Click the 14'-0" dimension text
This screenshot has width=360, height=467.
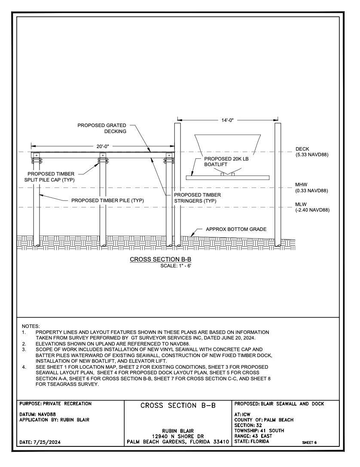(227, 120)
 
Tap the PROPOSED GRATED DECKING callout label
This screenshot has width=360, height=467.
(102, 128)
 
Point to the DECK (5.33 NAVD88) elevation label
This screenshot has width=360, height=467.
(311, 152)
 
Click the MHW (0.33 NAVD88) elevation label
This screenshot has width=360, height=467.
(311, 188)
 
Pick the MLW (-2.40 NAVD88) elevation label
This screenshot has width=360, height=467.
(312, 207)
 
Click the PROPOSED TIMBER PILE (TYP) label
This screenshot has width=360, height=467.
(107, 200)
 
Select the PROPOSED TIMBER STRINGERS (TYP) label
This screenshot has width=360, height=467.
(198, 197)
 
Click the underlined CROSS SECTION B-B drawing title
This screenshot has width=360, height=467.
(160, 259)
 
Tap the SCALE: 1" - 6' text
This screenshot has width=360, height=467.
(176, 266)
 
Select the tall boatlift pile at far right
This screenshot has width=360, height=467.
(278, 185)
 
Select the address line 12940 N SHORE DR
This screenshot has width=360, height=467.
(177, 436)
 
